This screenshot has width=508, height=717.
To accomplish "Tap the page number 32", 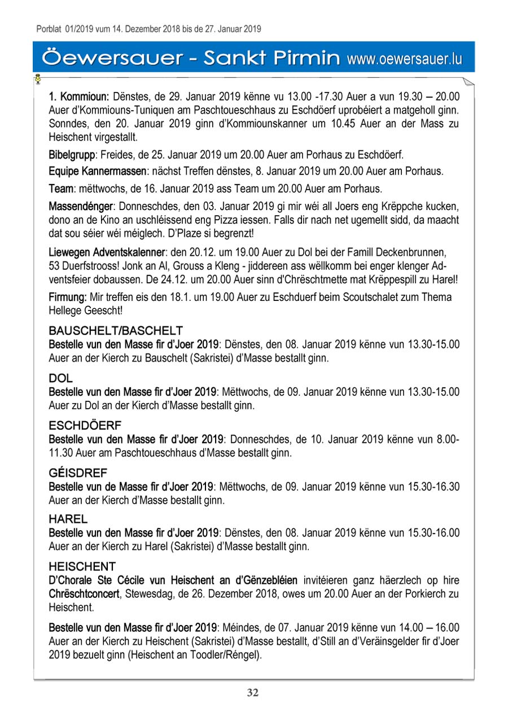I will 253,693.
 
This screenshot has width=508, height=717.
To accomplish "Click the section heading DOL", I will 61,378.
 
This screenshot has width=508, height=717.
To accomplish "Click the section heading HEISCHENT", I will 82,566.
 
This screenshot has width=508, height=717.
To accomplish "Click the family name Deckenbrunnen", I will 415,251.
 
